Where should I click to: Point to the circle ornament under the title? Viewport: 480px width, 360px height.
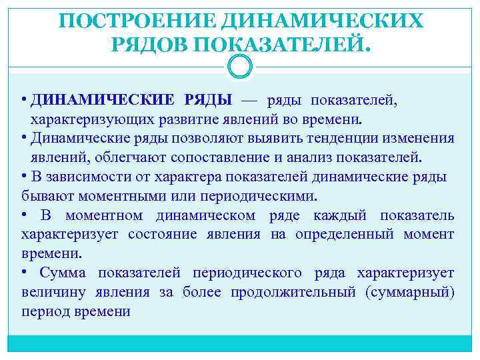point(240,67)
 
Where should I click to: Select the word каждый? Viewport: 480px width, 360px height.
point(339,215)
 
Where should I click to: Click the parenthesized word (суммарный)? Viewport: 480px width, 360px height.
point(410,293)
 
